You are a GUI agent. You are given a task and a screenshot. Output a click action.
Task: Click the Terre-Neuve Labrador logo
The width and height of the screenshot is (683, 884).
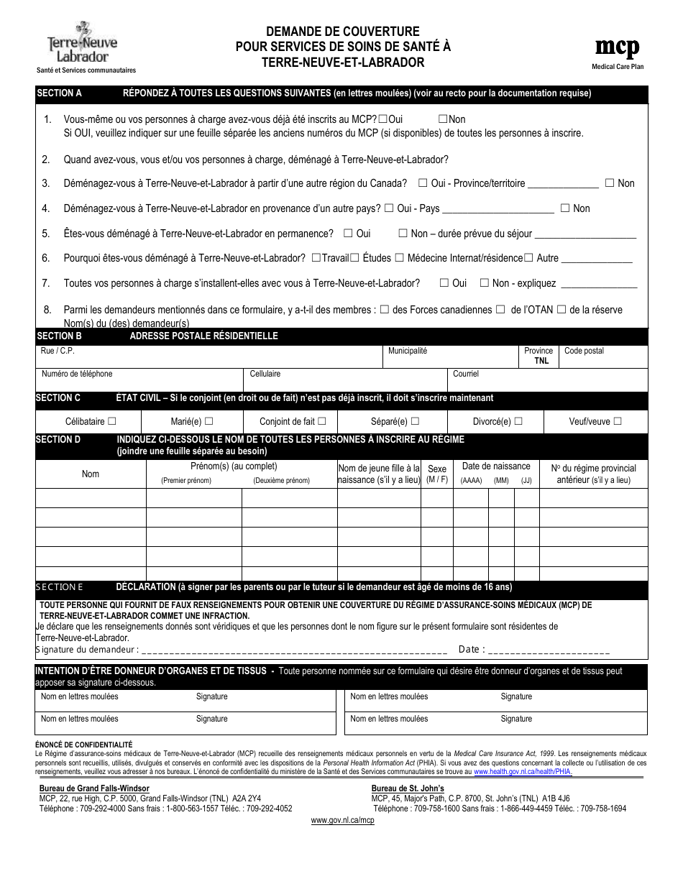pos(83,43)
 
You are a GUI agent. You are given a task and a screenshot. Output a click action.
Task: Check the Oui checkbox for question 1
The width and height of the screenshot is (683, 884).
pos(382,119)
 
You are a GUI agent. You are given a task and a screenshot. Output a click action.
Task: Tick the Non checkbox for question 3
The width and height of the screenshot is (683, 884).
pos(610,183)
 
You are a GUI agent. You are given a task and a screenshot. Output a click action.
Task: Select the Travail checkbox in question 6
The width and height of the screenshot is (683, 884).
pos(316,258)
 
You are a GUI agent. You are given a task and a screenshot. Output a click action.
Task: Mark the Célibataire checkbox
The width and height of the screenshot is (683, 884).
pos(111,421)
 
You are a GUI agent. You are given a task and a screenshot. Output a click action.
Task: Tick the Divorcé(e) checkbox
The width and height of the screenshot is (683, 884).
pos(518,421)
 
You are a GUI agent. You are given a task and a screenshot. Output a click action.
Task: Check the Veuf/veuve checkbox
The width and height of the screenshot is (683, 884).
pos(618,421)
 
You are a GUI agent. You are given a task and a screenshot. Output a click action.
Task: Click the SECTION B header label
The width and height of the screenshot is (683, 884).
pos(59,336)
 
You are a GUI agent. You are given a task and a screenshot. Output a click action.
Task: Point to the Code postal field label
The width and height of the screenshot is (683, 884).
pos(584,351)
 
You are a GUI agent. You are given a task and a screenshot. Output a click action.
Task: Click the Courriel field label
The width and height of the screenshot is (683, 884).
pos(465,374)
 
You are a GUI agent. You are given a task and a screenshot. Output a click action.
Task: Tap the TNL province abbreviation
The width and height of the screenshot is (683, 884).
pos(541,361)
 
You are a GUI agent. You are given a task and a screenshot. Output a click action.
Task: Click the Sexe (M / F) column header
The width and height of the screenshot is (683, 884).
pos(437,474)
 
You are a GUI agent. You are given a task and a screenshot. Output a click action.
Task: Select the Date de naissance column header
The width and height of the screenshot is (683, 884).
pos(496,466)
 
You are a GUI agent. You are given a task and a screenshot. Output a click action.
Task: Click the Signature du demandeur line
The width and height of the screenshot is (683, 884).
pos(295,650)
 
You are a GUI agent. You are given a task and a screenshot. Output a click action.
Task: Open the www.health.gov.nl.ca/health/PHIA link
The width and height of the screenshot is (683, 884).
pos(523,772)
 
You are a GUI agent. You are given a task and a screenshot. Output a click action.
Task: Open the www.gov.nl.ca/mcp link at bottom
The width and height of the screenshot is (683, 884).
pos(342,821)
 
